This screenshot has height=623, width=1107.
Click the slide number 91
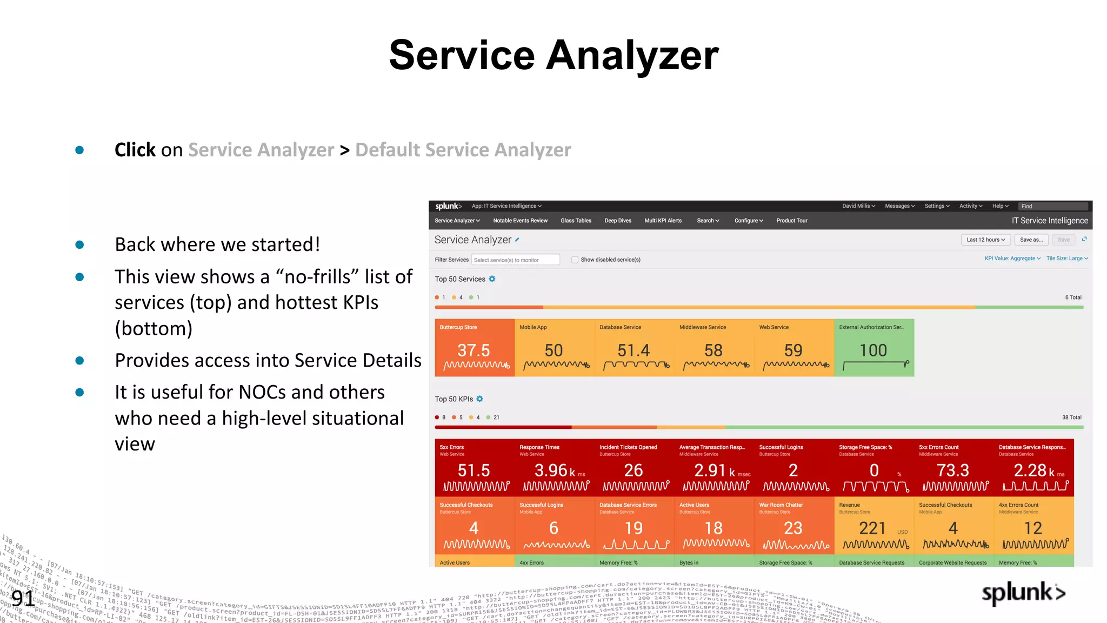[x=23, y=598]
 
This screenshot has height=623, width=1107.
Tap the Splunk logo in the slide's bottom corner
[x=1023, y=593]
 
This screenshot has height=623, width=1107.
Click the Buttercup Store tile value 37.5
[x=474, y=350]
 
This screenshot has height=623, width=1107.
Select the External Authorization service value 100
[x=873, y=350]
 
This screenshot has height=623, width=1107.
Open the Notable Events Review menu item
[x=520, y=221]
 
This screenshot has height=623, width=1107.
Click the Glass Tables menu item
[x=576, y=221]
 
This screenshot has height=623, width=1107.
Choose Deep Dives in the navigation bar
[x=618, y=221]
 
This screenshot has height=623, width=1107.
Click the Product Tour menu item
[x=792, y=221]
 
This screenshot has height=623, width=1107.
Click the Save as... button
[x=1031, y=240]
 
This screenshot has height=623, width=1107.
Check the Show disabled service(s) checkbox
[x=575, y=260]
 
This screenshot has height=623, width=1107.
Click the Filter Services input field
[x=515, y=260]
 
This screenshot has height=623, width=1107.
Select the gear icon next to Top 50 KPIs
[x=479, y=399]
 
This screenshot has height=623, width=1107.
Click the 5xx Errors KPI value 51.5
[x=474, y=470]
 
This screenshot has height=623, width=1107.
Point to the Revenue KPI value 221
[x=872, y=528]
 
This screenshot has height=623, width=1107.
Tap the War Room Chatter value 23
[x=793, y=528]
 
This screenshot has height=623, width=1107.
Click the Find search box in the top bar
[x=1052, y=206]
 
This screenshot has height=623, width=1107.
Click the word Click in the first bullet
[x=135, y=150]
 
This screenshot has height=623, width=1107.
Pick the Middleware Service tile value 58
[x=713, y=350]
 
